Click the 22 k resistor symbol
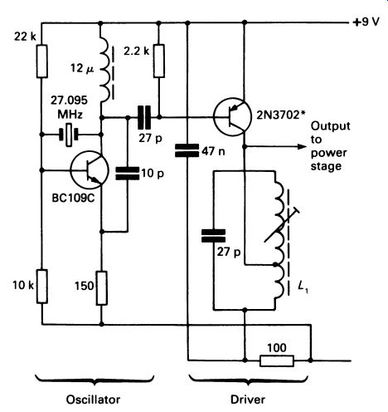pyautogui.click(x=42, y=61)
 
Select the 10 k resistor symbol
pyautogui.click(x=42, y=286)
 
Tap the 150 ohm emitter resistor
pyautogui.click(x=102, y=288)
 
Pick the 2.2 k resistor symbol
pyautogui.click(x=159, y=61)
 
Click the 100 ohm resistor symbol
pyautogui.click(x=277, y=360)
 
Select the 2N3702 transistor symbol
pyautogui.click(x=232, y=116)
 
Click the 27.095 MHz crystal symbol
pyautogui.click(x=69, y=135)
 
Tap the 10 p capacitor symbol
pyautogui.click(x=128, y=174)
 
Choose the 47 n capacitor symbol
pyautogui.click(x=187, y=150)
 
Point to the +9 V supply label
pyautogui.click(x=366, y=22)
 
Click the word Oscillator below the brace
pyautogui.click(x=93, y=400)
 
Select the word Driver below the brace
pyautogui.click(x=248, y=400)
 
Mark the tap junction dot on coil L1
pyautogui.click(x=275, y=265)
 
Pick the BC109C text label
pyautogui.click(x=74, y=198)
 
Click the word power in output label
pyautogui.click(x=329, y=153)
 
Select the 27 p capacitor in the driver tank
pyautogui.click(x=213, y=236)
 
